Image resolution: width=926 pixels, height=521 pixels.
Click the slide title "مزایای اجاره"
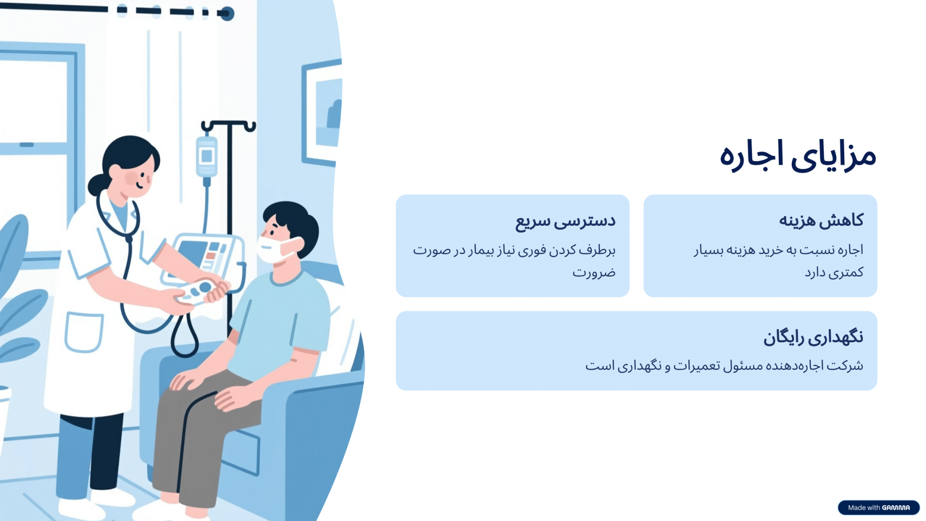coord(798,156)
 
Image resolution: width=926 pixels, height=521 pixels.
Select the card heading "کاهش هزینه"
coord(821,220)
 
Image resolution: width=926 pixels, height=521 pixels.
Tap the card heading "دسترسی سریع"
coord(565,221)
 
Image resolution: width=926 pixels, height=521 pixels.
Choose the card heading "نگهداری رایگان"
coord(813,337)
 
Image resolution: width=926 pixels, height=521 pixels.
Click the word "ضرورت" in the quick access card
coord(594,272)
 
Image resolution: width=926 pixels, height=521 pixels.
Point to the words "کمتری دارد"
coord(834,272)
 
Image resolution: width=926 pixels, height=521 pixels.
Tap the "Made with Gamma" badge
coord(879,507)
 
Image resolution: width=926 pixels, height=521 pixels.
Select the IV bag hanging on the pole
coord(207,156)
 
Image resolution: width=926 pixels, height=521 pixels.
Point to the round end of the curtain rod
coord(227,14)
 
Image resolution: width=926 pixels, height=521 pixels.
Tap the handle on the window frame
coord(27,145)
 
